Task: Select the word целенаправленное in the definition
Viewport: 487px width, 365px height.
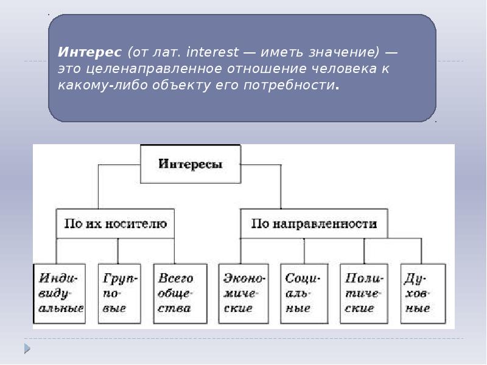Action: point(153,69)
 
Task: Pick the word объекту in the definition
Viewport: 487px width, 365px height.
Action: point(182,85)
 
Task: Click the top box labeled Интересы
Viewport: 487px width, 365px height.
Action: point(190,164)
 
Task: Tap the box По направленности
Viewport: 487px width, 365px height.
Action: point(314,224)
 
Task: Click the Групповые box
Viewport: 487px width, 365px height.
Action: point(119,293)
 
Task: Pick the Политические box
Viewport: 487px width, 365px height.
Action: point(363,293)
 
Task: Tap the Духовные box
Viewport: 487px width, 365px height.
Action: point(422,293)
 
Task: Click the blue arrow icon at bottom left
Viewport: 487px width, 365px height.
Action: point(27,349)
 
